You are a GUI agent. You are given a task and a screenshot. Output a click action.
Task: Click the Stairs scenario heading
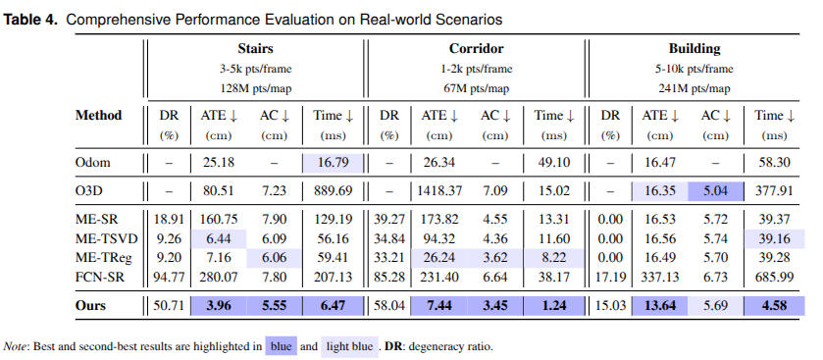pos(255,49)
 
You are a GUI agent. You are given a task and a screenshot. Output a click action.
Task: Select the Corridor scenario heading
pos(476,49)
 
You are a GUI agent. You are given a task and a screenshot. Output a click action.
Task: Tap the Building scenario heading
pos(694,49)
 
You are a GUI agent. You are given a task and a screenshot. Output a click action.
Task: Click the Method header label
pos(99,115)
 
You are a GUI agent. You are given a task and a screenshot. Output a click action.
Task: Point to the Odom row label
pos(93,162)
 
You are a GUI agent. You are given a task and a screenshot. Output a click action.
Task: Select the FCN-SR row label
pos(100,277)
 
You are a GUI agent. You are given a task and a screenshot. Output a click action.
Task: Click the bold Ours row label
pos(90,305)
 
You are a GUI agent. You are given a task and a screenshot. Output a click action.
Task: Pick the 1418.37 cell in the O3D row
pos(439,190)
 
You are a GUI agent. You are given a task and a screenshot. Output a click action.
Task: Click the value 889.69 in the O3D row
pos(334,190)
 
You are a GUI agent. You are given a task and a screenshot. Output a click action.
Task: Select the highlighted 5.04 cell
pos(715,190)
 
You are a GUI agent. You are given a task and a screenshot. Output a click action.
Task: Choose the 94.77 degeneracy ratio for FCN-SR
pos(169,277)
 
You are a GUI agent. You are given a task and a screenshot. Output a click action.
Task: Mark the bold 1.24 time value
pos(553,305)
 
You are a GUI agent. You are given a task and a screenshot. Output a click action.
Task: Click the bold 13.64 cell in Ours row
pos(660,305)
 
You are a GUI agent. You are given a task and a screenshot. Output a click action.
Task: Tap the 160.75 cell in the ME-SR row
pos(219,219)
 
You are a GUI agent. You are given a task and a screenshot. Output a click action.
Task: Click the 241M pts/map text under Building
pos(694,88)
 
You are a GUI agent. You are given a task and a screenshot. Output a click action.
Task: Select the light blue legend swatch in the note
pos(349,346)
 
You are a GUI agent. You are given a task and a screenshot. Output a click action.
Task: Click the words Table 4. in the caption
pos(31,20)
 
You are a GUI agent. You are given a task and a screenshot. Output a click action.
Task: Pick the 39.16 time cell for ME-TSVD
pos(775,238)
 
